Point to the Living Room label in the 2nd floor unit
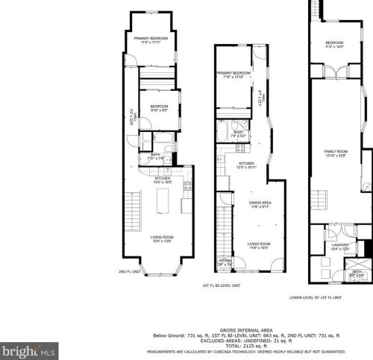click(163, 239)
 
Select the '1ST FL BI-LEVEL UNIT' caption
click(221, 285)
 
